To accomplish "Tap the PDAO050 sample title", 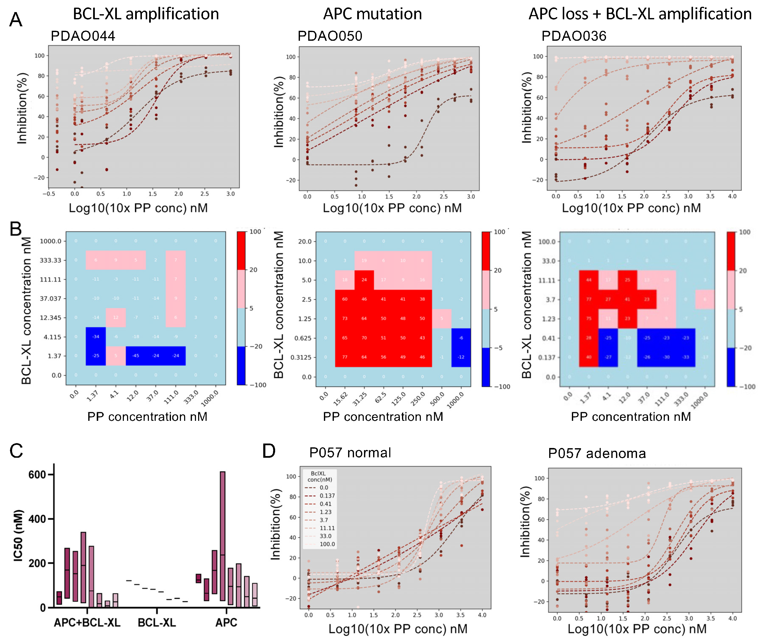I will [330, 36].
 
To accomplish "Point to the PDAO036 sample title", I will [574, 36].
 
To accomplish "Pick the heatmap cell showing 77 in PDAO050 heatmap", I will [345, 357].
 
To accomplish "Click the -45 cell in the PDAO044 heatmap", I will [136, 356].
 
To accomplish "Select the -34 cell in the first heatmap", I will [96, 336].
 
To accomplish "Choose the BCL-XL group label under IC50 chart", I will [157, 623].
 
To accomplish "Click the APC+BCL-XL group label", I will [87, 623].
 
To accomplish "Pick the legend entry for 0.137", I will [327, 496].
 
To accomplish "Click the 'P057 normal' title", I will [350, 453].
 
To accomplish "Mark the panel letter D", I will [269, 451].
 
